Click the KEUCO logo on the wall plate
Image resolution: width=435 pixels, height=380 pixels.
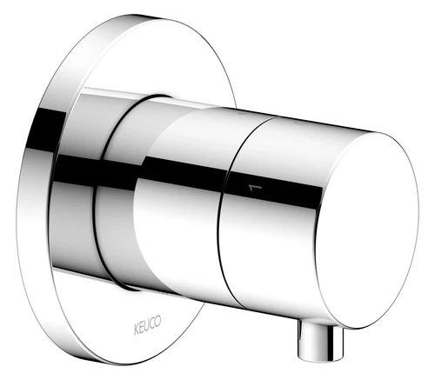147,325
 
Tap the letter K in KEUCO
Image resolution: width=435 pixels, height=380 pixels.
137,330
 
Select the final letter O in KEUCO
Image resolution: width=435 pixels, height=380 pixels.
158,321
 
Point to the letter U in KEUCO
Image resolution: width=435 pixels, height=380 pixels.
147,325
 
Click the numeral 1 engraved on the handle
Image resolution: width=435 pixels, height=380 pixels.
255,188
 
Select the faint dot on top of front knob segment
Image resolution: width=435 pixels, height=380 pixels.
298,125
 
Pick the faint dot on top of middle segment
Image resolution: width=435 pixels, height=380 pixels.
240,114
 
